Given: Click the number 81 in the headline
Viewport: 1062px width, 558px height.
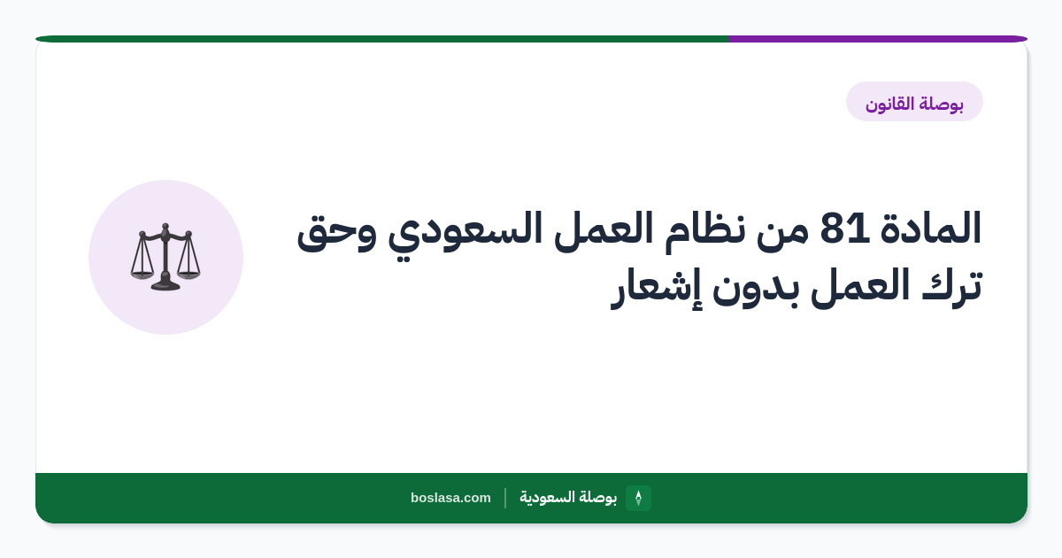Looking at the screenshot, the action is coord(844,228).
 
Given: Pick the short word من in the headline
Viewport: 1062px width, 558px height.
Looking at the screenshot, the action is coord(782,232).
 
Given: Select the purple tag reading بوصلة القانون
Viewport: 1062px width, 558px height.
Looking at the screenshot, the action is coord(914,102).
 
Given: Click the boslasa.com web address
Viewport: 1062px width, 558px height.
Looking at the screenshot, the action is coord(450,498).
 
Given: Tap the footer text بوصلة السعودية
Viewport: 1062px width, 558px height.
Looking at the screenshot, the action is coord(568,497).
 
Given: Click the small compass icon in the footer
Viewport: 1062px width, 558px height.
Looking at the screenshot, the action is coord(638,498).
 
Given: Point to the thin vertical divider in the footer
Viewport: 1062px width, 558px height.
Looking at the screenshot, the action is coord(505,498).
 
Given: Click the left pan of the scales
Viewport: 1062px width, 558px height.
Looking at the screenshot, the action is coord(142,275).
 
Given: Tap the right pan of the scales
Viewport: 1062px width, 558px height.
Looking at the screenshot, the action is coord(189,275).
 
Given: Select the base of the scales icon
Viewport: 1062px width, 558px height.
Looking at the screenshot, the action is coord(165,285).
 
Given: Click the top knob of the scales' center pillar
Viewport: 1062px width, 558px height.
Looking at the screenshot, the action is coord(165,227).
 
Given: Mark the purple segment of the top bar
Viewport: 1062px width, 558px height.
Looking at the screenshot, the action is coord(879,39).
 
